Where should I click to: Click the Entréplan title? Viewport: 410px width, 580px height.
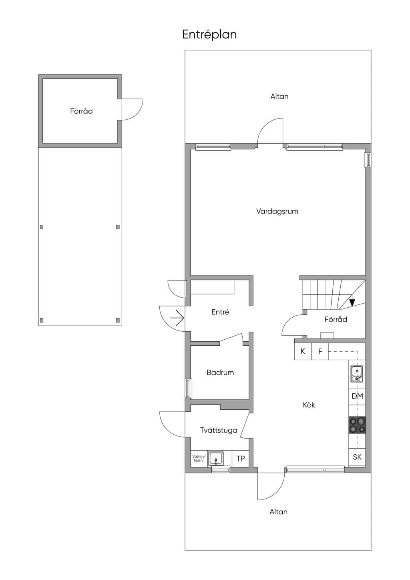209,35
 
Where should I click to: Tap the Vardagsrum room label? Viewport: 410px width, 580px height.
277,211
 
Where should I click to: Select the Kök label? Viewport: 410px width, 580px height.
309,405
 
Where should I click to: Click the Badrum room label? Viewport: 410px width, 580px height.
220,373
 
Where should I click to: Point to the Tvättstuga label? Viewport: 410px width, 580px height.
219,430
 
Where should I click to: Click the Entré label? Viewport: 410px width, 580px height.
220,312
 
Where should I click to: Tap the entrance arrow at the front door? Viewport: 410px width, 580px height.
177,318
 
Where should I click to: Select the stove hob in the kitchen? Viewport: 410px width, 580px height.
357,425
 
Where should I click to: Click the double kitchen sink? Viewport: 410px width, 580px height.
357,374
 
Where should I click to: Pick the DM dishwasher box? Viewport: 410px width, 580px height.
357,396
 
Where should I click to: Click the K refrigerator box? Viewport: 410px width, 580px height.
303,351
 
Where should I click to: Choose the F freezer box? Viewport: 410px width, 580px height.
320,351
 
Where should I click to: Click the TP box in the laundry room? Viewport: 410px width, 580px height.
241,459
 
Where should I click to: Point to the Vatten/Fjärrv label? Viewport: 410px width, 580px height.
199,459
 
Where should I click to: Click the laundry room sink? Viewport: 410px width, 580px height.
216,459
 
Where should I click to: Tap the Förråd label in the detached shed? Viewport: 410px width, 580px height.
81,111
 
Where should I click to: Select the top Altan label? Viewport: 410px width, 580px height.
279,97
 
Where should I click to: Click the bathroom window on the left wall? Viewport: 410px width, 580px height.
189,388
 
